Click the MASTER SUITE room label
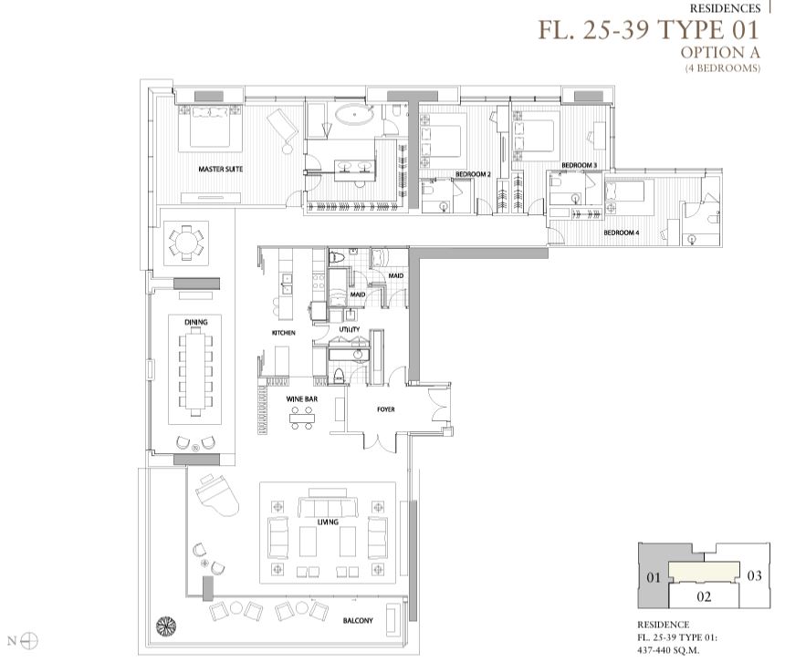[221, 169]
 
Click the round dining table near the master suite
[186, 243]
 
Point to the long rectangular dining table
[195, 370]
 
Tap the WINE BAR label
[302, 399]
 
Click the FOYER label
[386, 409]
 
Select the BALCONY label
[358, 620]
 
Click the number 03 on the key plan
[755, 575]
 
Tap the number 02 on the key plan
[704, 596]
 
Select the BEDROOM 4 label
[622, 233]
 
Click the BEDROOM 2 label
[473, 174]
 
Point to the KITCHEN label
[284, 333]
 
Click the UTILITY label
[350, 329]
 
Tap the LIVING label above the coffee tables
[328, 522]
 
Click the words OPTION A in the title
[720, 52]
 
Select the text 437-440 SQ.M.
[668, 650]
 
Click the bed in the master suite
[210, 127]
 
